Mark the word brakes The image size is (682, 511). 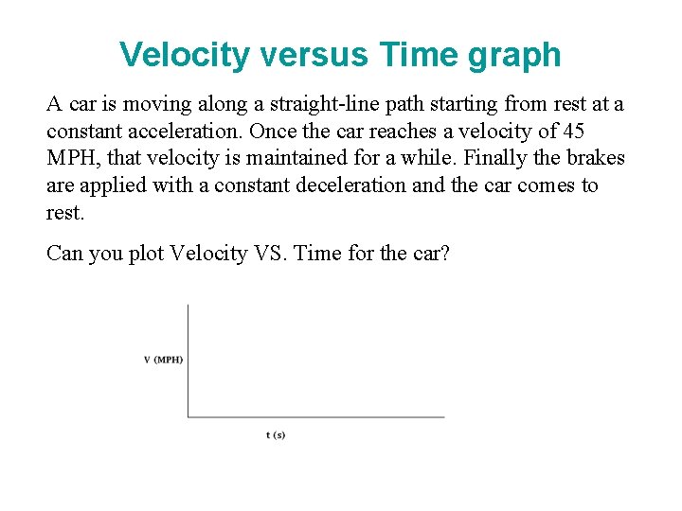point(592,158)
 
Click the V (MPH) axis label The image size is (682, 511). point(163,360)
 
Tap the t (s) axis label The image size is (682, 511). point(276,434)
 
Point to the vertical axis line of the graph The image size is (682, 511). point(188,360)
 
